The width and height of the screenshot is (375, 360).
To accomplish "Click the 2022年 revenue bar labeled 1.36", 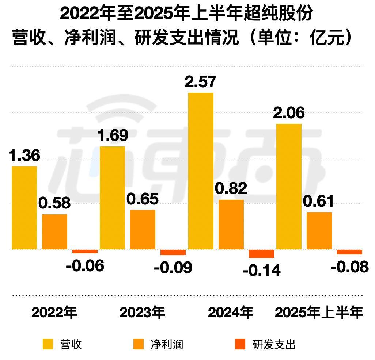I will pos(24,208).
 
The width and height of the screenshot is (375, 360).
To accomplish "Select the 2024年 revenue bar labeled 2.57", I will pos(201,171).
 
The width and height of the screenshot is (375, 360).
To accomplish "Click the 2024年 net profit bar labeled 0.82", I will pos(231,224).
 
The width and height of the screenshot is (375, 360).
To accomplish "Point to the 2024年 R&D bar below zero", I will pos(261,254).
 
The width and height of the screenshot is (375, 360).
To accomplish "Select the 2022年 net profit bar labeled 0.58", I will pos(54,231).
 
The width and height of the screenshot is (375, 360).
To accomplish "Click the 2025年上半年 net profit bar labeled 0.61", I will pos(319,231).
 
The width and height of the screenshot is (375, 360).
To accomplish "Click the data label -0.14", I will pos(261,271).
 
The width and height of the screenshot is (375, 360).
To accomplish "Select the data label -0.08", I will pos(349,267).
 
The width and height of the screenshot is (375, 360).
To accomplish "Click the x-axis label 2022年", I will pos(54,313).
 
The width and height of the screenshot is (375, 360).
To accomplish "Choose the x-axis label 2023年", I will pos(142,313).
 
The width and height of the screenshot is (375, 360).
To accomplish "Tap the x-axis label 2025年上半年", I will pos(319,313).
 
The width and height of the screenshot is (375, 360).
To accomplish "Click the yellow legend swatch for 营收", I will pos(48,344).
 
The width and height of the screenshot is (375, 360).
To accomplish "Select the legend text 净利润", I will pos(167,344).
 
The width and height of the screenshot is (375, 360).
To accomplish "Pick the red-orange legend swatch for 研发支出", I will pos(240,344).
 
